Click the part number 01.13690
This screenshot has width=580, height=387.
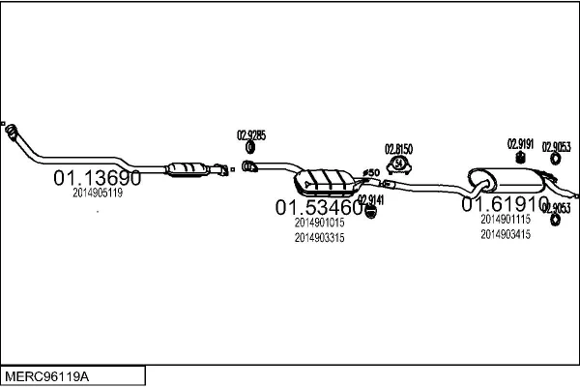tap(97, 178)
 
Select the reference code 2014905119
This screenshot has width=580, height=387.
tap(97, 193)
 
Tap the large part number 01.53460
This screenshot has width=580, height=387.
tap(320, 207)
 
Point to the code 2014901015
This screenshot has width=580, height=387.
tap(320, 223)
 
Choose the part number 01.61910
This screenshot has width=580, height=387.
tap(505, 205)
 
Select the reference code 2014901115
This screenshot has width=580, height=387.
tap(505, 220)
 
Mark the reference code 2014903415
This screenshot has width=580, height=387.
tap(505, 234)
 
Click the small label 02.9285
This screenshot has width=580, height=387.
tap(251, 134)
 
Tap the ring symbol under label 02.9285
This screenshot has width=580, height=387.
tap(250, 147)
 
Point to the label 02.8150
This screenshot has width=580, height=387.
tap(398, 149)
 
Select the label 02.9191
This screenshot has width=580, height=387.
tap(521, 143)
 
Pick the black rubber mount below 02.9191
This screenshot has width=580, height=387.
tap(521, 158)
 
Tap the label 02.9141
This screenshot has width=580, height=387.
tap(371, 200)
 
